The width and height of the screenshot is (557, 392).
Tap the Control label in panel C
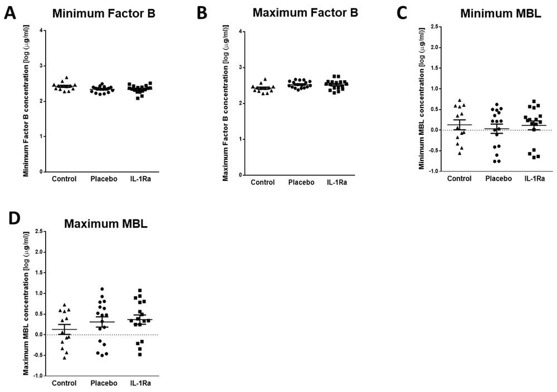(459, 179)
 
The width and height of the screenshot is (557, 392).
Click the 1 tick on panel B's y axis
(241, 139)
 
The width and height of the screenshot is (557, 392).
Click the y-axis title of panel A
(26, 102)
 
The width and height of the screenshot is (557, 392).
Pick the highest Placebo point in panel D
(102, 289)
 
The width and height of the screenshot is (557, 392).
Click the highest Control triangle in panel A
(67, 78)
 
